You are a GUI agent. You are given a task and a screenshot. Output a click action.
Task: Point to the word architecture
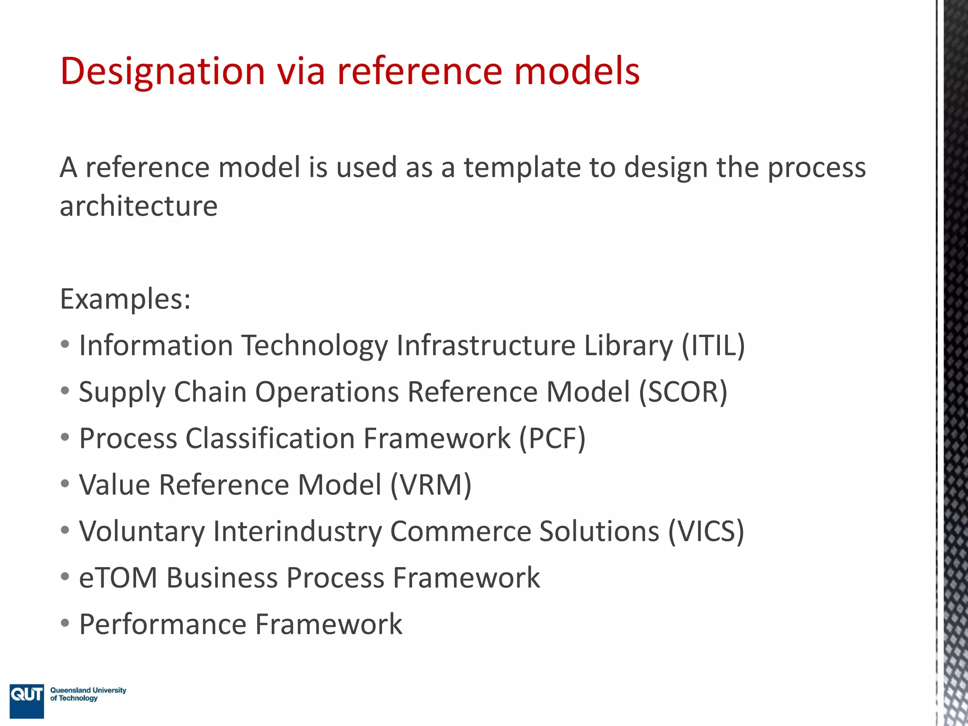(x=138, y=206)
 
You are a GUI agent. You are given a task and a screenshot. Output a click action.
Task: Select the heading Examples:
(x=125, y=299)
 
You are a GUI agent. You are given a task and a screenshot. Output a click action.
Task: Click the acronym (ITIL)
(x=713, y=345)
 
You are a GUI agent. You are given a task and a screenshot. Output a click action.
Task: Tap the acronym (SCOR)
(x=683, y=392)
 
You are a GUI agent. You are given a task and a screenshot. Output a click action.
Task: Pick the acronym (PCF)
(x=552, y=438)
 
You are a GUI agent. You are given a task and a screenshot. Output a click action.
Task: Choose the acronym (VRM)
(x=431, y=484)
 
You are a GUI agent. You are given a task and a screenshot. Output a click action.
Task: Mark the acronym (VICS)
(x=706, y=531)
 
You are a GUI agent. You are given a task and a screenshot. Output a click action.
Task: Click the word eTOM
(x=118, y=578)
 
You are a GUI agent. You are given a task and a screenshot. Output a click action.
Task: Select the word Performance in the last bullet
(x=163, y=624)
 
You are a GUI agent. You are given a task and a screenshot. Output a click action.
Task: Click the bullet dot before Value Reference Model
(x=65, y=484)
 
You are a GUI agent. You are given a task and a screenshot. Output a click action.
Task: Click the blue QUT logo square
(x=26, y=700)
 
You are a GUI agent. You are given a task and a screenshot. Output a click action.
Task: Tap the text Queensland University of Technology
(x=88, y=694)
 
